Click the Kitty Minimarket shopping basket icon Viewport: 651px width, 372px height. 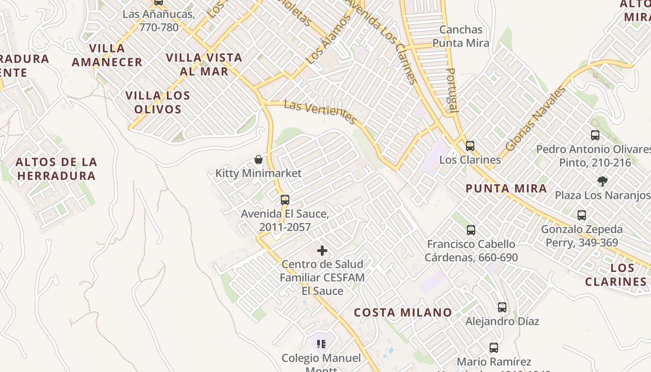[259, 160]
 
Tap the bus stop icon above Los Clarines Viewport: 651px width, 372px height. [470, 146]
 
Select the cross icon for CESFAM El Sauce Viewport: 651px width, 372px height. [322, 251]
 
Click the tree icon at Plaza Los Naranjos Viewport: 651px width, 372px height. [603, 181]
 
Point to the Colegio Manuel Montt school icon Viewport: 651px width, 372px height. [321, 344]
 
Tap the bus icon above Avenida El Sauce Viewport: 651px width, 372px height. [285, 200]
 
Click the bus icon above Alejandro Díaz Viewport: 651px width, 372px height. [502, 307]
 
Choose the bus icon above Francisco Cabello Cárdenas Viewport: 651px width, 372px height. [471, 230]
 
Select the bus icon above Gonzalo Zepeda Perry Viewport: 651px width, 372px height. [582, 215]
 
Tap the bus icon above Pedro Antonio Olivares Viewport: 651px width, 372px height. [595, 135]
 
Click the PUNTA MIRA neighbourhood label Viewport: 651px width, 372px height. [506, 188]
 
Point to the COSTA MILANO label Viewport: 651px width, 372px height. [403, 312]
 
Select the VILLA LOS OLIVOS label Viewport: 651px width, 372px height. [158, 102]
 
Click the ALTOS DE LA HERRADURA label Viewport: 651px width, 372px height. [56, 169]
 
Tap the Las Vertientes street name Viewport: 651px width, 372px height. [320, 113]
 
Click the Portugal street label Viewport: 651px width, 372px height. [452, 90]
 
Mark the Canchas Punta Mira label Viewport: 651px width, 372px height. [461, 36]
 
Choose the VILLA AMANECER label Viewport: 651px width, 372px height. [107, 55]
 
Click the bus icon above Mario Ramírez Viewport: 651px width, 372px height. [494, 347]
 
